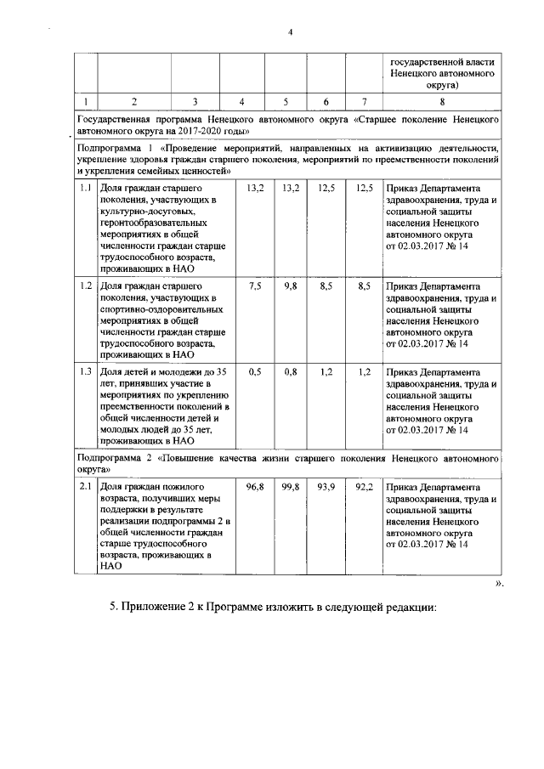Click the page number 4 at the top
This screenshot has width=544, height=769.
(290, 32)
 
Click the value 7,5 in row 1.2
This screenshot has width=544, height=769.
(254, 286)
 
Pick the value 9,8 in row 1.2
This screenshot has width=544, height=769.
(291, 286)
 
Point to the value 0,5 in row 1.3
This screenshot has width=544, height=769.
(254, 371)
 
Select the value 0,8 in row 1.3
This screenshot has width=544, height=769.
(291, 371)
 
